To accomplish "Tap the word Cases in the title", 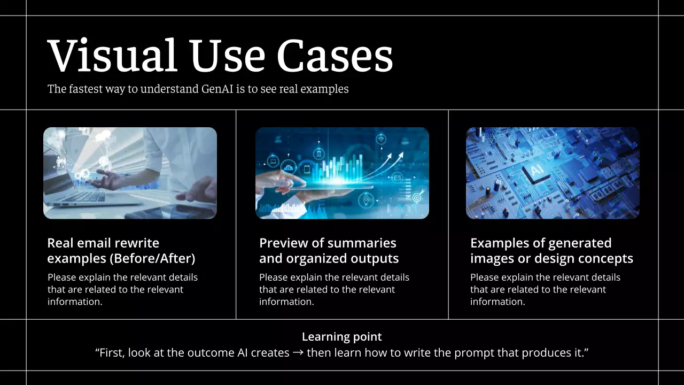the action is tap(335, 56).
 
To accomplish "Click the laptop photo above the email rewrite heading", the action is tap(130, 173).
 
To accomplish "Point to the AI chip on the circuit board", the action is tap(536, 171).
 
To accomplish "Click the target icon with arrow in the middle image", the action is tap(418, 196).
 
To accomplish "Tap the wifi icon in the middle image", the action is tap(381, 140).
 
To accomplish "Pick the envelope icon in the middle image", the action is tap(397, 177).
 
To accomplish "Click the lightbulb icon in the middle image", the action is tap(366, 201).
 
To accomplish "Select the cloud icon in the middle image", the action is tap(289, 167).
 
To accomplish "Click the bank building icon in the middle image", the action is tap(319, 153).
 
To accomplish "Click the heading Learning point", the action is tap(341, 337).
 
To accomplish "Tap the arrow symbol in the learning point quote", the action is tap(298, 353).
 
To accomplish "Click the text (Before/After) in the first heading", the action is tap(152, 258).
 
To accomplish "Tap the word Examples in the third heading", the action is tap(499, 243).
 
